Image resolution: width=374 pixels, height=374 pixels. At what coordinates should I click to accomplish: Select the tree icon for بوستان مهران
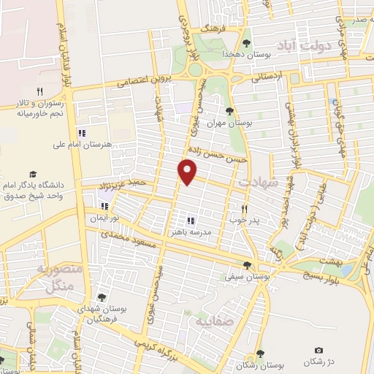click(x=230, y=111)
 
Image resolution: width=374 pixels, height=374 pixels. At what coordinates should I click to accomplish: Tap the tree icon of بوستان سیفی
click(x=248, y=266)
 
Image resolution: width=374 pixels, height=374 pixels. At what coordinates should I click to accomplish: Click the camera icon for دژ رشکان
click(x=318, y=351)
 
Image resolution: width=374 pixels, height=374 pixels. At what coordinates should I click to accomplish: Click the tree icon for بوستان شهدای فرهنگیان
click(x=102, y=297)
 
